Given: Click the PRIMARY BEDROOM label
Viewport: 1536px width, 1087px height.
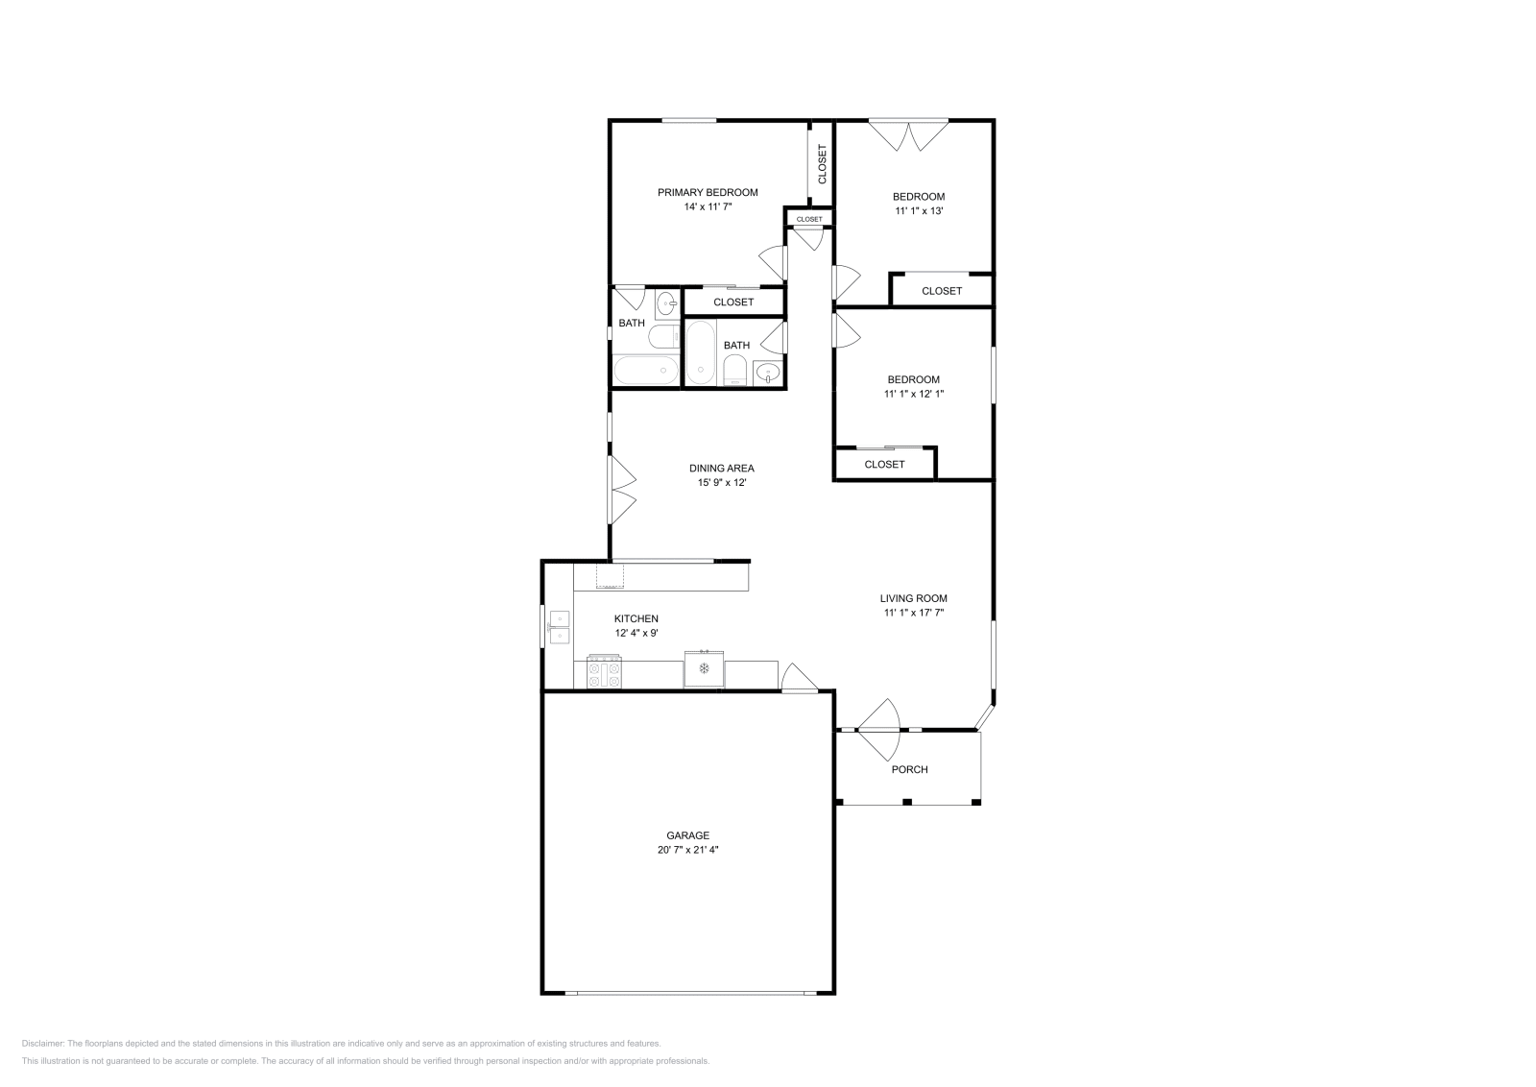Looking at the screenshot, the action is pyautogui.click(x=708, y=193).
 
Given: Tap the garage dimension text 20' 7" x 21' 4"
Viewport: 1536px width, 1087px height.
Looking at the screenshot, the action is pyautogui.click(x=687, y=850).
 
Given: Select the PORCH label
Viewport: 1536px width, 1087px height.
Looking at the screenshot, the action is pyautogui.click(x=910, y=769).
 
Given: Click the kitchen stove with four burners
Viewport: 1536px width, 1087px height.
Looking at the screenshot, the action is pyautogui.click(x=604, y=672).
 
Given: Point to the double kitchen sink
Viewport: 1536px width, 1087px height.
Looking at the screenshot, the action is pyautogui.click(x=560, y=627).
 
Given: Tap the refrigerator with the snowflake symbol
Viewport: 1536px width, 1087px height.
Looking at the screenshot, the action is pyautogui.click(x=704, y=668).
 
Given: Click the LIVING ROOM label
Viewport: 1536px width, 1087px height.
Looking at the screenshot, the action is pyautogui.click(x=913, y=598).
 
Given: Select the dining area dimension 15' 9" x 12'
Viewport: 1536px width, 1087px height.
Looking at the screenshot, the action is pyautogui.click(x=721, y=483).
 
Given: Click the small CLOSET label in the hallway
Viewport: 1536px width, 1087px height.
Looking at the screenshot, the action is pyautogui.click(x=809, y=220).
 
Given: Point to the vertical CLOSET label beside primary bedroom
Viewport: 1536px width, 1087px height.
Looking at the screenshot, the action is pyautogui.click(x=822, y=164).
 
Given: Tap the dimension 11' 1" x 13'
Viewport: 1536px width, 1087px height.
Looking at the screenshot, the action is pyautogui.click(x=919, y=211).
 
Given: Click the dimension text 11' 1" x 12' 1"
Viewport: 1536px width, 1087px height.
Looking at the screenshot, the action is pyautogui.click(x=914, y=395).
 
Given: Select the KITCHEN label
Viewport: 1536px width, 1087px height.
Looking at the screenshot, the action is pyautogui.click(x=636, y=619).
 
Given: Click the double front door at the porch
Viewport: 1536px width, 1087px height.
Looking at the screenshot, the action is pyautogui.click(x=878, y=730).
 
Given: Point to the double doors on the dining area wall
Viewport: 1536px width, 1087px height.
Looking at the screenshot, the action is pyautogui.click(x=623, y=490).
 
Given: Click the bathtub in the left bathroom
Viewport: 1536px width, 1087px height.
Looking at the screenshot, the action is pyautogui.click(x=645, y=371).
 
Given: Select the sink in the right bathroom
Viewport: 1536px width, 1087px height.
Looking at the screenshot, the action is pyautogui.click(x=768, y=374).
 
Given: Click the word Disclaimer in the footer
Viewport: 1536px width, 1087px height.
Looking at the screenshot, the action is pyautogui.click(x=42, y=1044).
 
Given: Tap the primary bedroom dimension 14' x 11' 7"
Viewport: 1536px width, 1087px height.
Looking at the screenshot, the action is pyautogui.click(x=708, y=207).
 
